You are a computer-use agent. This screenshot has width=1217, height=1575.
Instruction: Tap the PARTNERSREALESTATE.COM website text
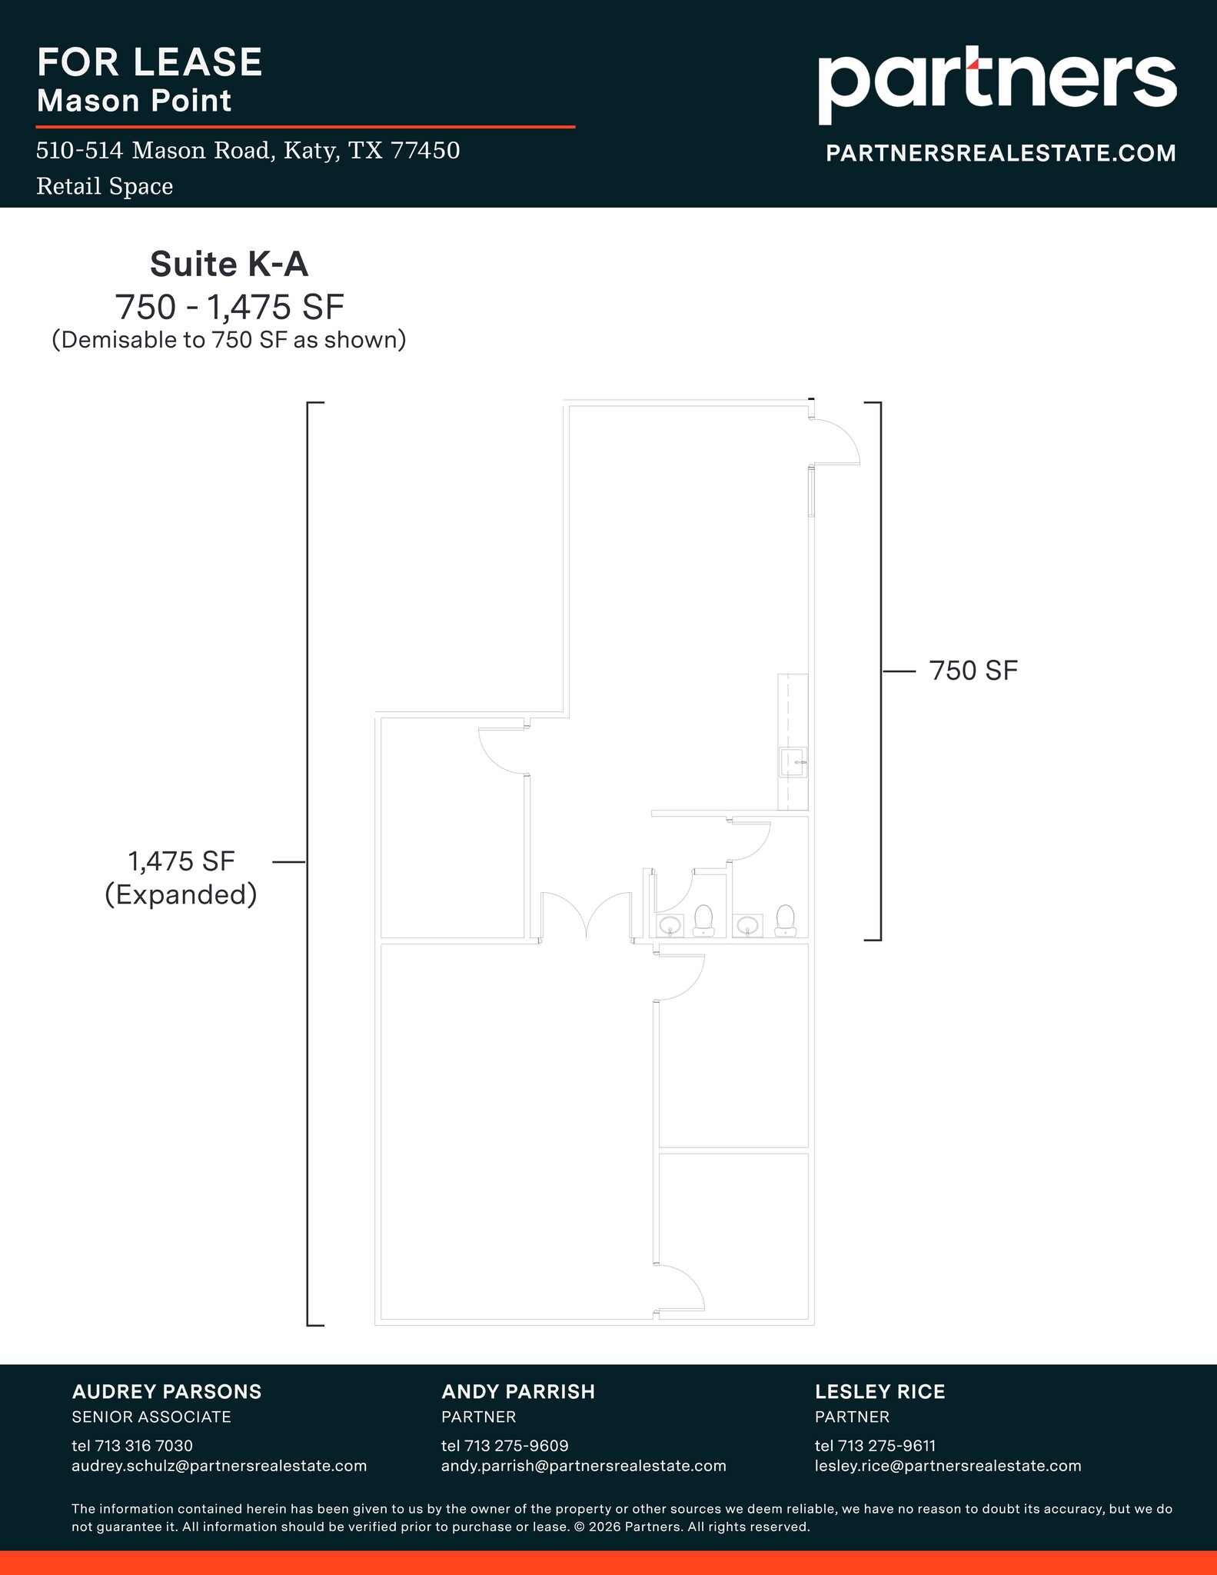click(1000, 153)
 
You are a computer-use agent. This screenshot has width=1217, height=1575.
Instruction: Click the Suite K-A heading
click(229, 265)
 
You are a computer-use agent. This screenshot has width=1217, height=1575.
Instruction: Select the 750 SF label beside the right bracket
click(973, 671)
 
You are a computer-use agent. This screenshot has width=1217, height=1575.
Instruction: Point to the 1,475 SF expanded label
click(181, 877)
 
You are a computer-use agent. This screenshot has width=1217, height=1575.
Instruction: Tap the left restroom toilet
click(703, 921)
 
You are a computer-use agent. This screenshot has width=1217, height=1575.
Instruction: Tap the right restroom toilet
click(784, 921)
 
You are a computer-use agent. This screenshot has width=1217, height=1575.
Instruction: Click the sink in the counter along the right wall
click(793, 762)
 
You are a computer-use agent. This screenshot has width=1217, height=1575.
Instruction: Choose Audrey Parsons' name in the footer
click(167, 1392)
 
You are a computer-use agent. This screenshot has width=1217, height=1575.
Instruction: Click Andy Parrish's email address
click(584, 1466)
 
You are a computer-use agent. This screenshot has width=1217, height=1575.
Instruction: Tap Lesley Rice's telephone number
click(875, 1446)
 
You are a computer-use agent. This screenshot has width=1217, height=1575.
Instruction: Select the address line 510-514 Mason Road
click(248, 151)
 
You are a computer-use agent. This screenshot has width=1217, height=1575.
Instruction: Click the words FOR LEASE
click(150, 62)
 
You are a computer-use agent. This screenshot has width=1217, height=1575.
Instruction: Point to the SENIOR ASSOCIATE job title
click(151, 1417)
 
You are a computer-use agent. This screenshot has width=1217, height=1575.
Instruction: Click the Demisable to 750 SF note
click(229, 340)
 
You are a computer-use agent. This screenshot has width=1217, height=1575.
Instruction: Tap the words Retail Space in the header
click(105, 187)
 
